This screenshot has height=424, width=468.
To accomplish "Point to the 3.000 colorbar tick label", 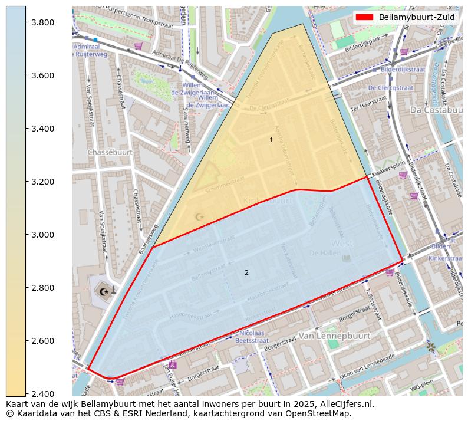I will (43, 235).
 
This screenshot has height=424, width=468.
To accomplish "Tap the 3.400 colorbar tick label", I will (43, 129).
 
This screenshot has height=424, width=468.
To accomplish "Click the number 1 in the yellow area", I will (271, 140).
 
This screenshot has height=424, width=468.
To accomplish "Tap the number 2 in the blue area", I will (246, 272).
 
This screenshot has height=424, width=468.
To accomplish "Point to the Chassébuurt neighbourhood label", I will (110, 152).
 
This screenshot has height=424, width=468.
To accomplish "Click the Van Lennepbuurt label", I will (334, 336).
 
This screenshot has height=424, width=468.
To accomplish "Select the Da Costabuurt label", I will (436, 110).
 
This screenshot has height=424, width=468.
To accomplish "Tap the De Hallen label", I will (322, 253).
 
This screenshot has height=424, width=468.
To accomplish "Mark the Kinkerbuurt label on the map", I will (268, 201).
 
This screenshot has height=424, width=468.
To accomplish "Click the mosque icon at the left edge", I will (105, 291).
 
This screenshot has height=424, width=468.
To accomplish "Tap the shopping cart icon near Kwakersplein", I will (403, 175).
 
